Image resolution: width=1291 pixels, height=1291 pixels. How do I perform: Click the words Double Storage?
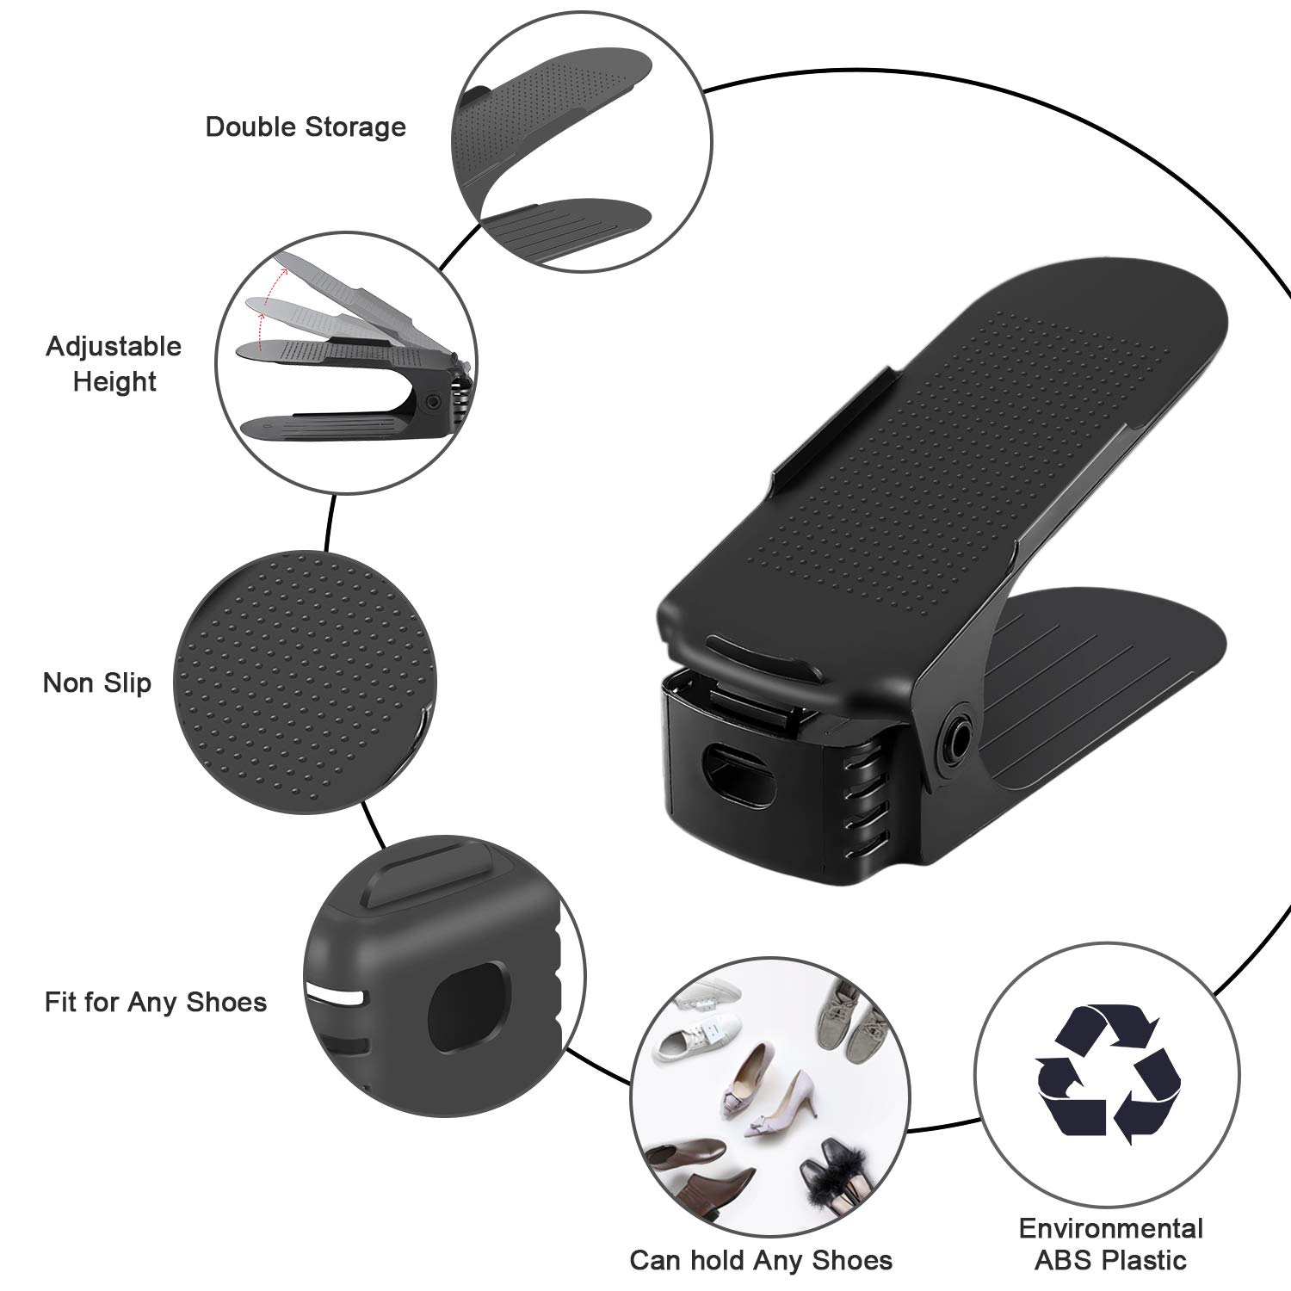pos(306,127)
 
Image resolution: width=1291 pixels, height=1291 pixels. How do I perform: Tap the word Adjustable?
pos(114,347)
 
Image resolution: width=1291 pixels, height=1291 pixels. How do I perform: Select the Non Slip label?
pos(96,683)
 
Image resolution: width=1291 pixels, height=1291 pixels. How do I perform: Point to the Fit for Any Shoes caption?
pos(156,1002)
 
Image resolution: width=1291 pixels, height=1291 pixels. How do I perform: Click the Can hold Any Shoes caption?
pos(761,1260)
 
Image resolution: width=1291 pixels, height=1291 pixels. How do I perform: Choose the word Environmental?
pos(1110,1227)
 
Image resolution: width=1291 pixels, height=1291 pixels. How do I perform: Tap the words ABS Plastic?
pos(1110,1261)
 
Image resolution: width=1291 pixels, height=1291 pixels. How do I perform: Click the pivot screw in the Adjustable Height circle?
pos(433,402)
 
